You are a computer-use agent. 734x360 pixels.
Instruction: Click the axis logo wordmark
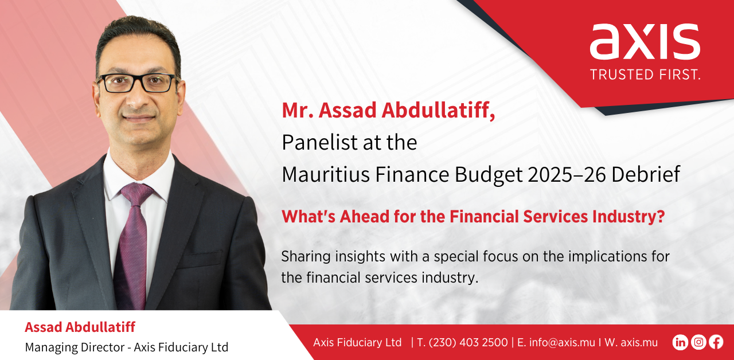click(x=645, y=42)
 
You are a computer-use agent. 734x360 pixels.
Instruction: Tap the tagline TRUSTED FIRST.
click(x=645, y=75)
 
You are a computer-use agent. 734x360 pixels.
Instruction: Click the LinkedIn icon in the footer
click(x=680, y=342)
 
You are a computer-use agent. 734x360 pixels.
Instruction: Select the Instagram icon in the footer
click(x=698, y=342)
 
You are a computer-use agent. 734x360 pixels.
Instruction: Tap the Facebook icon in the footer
click(x=716, y=342)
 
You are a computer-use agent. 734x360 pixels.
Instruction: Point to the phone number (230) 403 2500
click(x=468, y=343)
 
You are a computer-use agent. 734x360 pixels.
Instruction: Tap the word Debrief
click(x=646, y=174)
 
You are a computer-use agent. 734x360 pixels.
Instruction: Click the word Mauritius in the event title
click(x=326, y=174)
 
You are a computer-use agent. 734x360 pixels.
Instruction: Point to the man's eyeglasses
click(x=138, y=83)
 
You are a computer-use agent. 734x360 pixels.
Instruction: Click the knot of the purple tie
click(x=137, y=194)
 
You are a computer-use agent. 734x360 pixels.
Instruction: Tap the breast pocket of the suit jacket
click(x=201, y=258)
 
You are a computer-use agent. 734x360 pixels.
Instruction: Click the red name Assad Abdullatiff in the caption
click(x=80, y=327)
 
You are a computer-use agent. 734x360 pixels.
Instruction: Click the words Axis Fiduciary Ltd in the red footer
click(x=357, y=343)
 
